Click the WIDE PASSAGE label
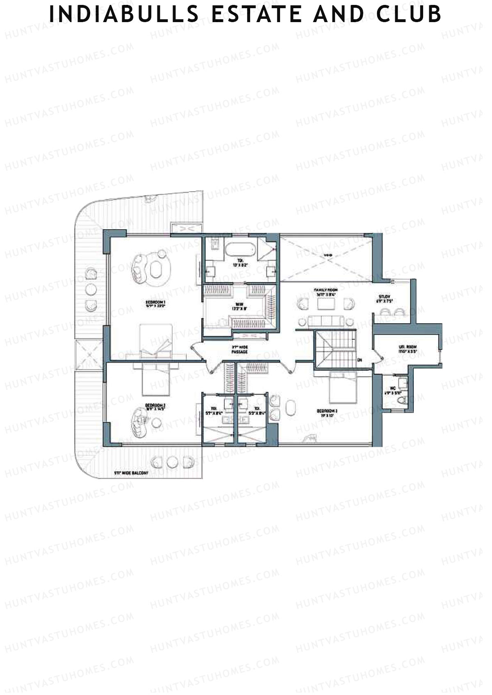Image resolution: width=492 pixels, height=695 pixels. [x=239, y=350]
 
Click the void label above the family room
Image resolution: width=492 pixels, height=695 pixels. [x=327, y=256]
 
